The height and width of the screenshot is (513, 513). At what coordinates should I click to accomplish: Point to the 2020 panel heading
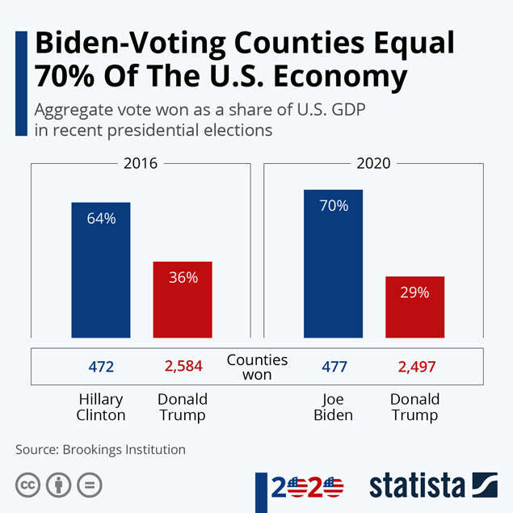click(x=374, y=163)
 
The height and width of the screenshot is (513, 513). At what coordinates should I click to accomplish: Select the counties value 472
click(x=102, y=367)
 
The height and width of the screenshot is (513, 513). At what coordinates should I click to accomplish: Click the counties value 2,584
click(x=183, y=367)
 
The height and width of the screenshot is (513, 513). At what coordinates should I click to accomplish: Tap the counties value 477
click(x=334, y=367)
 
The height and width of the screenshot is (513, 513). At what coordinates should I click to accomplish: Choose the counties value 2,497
click(x=416, y=367)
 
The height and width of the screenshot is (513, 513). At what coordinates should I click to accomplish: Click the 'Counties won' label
click(x=257, y=367)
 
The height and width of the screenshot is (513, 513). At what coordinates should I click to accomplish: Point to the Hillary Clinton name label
click(x=102, y=407)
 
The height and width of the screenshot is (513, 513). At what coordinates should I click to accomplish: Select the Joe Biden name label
click(x=334, y=407)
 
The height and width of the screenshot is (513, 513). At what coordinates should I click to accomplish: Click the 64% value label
click(x=102, y=218)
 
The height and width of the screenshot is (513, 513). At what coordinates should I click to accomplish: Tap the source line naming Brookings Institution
click(x=100, y=449)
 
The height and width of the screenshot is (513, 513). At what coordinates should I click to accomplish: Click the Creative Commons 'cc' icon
click(x=28, y=486)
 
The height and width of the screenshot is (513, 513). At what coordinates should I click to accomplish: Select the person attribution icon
click(x=58, y=486)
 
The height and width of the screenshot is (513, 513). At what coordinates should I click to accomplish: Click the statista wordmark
click(x=417, y=486)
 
